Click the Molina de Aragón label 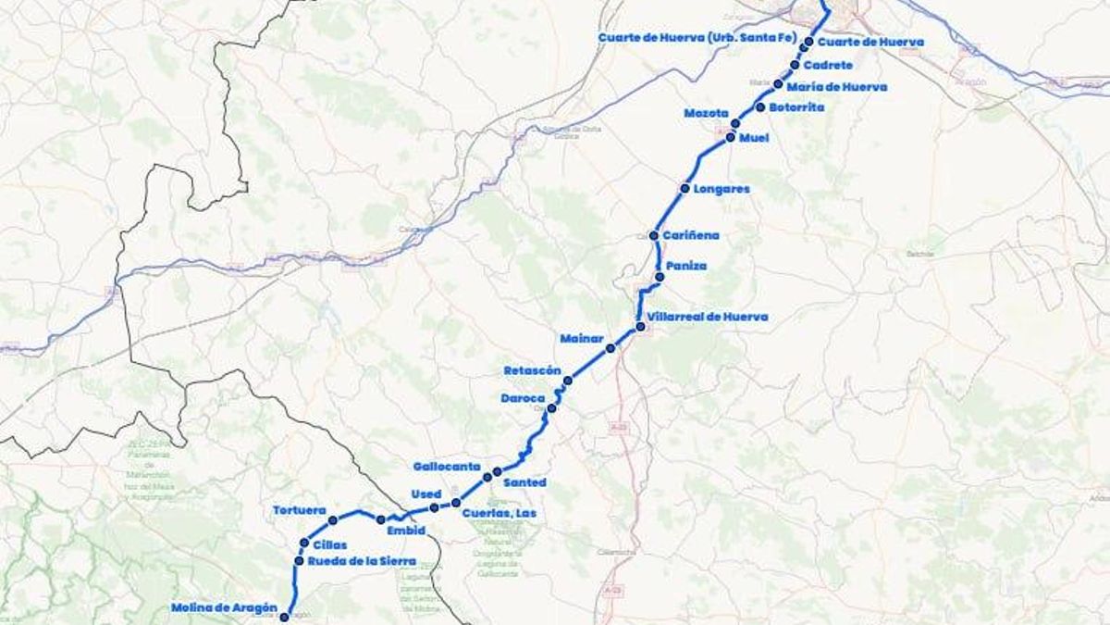click(224, 608)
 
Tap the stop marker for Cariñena click(654, 236)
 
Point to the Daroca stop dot click(552, 408)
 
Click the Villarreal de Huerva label click(709, 317)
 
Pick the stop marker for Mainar click(610, 349)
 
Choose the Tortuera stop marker click(333, 520)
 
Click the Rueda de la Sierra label click(362, 561)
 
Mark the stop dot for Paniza click(660, 277)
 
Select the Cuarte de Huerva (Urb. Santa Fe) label click(697, 38)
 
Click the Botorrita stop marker click(760, 107)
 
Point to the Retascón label click(532, 370)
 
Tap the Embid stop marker click(380, 519)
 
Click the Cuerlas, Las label click(499, 513)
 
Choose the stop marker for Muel click(731, 137)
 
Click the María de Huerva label click(837, 87)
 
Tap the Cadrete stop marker click(795, 65)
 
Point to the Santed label click(524, 482)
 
